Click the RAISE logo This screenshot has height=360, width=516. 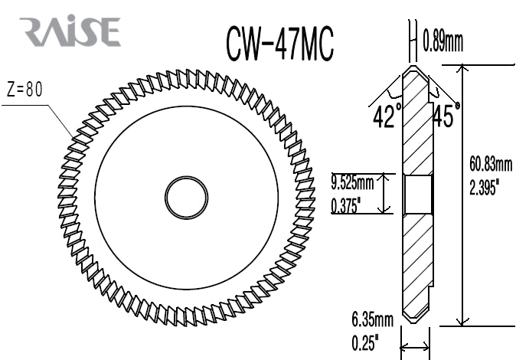tap(71, 31)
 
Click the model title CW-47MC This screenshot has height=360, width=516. tap(279, 44)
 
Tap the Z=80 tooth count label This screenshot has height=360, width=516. tap(24, 89)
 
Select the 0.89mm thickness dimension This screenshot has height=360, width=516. tap(443, 42)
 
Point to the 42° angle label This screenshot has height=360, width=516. tap(387, 116)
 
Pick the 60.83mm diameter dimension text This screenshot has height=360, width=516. tap(491, 164)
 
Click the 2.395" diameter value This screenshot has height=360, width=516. tap(485, 186)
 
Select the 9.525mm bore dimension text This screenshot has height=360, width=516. tap(352, 182)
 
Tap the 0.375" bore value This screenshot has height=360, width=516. tap(347, 205)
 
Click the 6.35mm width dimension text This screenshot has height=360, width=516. tap(373, 318)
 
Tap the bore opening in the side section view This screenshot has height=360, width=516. tap(417, 194)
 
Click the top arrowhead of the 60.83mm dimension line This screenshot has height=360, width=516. tap(461, 70)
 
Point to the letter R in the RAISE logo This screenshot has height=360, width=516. tap(34, 31)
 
